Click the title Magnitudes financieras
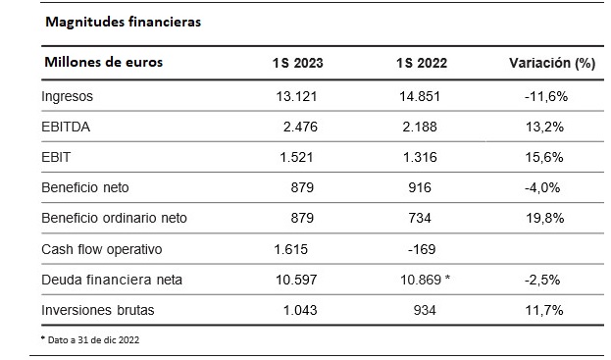click(124, 23)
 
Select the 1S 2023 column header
click(298, 63)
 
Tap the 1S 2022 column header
click(422, 63)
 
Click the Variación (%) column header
click(552, 63)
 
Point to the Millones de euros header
click(104, 62)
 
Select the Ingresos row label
click(67, 97)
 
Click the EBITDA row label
click(66, 127)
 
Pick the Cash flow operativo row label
click(102, 250)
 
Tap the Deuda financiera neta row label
click(112, 280)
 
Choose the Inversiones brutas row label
click(98, 310)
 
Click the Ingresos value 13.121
click(296, 97)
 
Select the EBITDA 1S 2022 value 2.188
click(420, 127)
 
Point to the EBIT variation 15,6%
click(544, 157)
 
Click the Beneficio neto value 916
click(420, 187)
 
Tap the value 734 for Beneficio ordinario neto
click(420, 218)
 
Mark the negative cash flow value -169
click(422, 249)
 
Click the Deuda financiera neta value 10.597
click(296, 280)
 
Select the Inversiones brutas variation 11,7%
click(544, 311)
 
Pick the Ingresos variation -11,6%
click(546, 97)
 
